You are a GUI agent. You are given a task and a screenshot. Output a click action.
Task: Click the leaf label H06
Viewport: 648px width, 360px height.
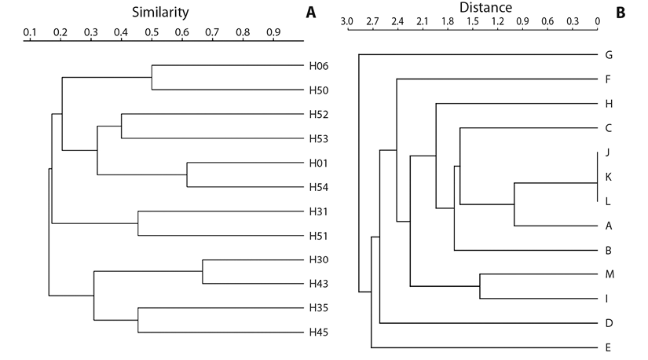pyautogui.click(x=319, y=66)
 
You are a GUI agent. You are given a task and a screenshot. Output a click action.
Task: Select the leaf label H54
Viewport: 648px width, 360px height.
pyautogui.click(x=319, y=187)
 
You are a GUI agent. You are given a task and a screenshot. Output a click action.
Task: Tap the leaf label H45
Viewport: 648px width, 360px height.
pyautogui.click(x=319, y=332)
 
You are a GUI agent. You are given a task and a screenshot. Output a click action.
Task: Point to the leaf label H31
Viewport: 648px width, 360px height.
pyautogui.click(x=319, y=211)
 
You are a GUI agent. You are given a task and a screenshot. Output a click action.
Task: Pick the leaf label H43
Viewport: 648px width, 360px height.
pyautogui.click(x=319, y=284)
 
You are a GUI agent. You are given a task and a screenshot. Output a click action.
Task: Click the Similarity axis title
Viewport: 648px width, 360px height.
pyautogui.click(x=160, y=13)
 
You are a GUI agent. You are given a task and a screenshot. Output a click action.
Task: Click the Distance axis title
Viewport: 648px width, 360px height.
pyautogui.click(x=485, y=7)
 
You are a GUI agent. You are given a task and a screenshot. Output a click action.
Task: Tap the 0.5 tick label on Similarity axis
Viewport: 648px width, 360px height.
pyautogui.click(x=152, y=32)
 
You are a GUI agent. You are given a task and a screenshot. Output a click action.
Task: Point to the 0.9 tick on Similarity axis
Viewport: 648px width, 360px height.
pyautogui.click(x=273, y=32)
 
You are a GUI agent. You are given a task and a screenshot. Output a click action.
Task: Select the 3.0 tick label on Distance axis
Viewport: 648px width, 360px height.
pyautogui.click(x=347, y=21)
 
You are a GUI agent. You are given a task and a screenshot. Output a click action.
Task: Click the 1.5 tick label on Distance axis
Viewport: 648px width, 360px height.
pyautogui.click(x=473, y=21)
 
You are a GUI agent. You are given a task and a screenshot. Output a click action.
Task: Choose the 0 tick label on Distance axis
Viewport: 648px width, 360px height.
pyautogui.click(x=598, y=21)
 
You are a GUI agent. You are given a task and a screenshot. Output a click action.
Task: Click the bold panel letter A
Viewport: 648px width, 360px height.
pyautogui.click(x=311, y=13)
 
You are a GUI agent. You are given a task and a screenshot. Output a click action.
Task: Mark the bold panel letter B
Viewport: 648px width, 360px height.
pyautogui.click(x=621, y=13)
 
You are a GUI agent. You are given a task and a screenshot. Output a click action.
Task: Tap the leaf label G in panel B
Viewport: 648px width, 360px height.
pyautogui.click(x=609, y=55)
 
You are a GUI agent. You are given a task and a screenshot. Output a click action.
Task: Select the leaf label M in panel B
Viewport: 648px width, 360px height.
pyautogui.click(x=610, y=274)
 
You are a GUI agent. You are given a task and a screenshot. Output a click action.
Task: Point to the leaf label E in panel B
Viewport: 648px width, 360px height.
pyautogui.click(x=608, y=347)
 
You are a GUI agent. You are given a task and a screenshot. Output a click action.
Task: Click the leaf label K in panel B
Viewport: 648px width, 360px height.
pyautogui.click(x=608, y=177)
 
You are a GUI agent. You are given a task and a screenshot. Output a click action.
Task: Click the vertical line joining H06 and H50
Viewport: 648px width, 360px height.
pyautogui.click(x=152, y=77)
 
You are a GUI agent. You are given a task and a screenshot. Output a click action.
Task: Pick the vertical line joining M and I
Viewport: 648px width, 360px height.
pyautogui.click(x=480, y=286)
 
